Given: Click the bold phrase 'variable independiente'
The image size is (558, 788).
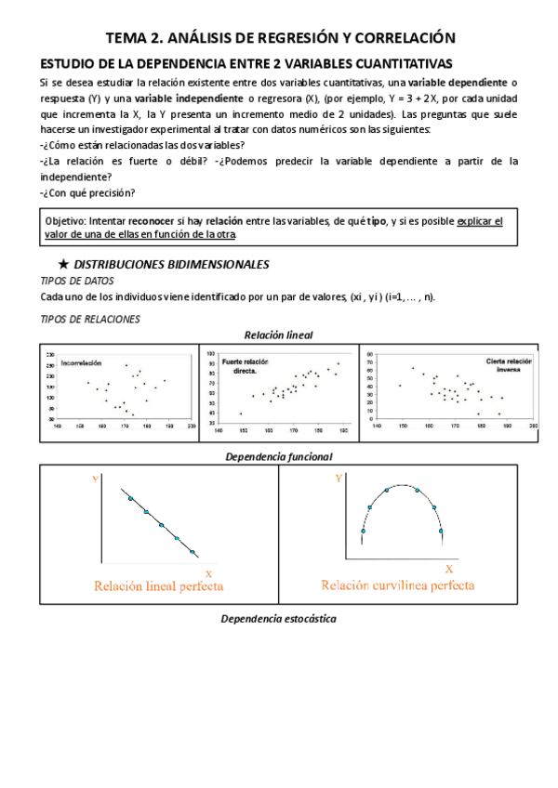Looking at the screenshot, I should [186, 98].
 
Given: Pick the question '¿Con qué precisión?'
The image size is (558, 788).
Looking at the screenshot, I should [87, 192].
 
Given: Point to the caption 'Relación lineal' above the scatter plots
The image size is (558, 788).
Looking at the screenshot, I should [278, 335].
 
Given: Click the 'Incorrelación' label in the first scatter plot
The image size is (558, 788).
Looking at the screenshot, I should [81, 362].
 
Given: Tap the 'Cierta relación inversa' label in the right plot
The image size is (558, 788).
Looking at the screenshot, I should [506, 364].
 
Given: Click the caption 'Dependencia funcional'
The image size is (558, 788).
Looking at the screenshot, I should [279, 457].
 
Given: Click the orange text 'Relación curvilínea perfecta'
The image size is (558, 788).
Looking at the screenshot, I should [398, 585].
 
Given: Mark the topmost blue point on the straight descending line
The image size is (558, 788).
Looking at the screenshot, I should [130, 499].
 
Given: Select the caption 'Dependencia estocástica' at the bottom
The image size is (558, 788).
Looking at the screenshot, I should [278, 619].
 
